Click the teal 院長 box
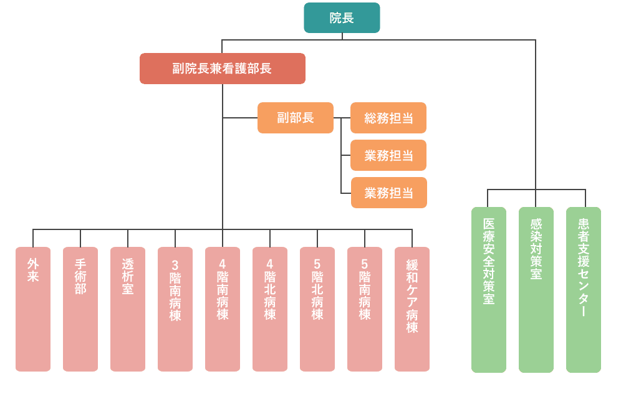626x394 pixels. [342, 17]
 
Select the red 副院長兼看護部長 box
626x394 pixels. [222, 69]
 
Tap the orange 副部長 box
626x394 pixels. [295, 118]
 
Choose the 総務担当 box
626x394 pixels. [388, 118]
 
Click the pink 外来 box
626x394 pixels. [33, 309]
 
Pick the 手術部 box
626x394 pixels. [80, 309]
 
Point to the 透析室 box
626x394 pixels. [128, 309]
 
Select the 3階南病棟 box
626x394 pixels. [175, 309]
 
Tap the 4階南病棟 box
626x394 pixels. [223, 309]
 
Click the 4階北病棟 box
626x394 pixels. [270, 309]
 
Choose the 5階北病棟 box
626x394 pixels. [317, 309]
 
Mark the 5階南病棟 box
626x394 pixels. [365, 309]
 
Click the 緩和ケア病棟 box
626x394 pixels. [412, 309]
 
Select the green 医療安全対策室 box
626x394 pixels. [489, 290]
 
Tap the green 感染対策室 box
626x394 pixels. [536, 290]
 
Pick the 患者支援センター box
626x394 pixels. [584, 290]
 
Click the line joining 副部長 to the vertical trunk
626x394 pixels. [240, 118]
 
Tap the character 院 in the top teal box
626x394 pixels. [335, 18]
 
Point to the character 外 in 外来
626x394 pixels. [33, 264]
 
